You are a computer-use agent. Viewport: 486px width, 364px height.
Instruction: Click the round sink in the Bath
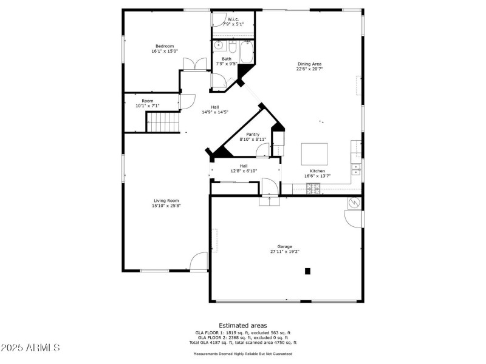219,45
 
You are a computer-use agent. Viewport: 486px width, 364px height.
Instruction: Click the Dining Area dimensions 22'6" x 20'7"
309,69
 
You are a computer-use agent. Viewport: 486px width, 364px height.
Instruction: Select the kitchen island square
315,154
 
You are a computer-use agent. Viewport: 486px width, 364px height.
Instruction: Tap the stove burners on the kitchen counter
313,189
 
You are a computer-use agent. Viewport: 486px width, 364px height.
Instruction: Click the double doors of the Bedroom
195,64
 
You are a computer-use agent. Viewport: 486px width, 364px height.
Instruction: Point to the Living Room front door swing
199,262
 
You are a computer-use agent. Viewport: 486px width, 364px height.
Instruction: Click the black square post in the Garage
307,271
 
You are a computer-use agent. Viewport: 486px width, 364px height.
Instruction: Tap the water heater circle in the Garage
354,203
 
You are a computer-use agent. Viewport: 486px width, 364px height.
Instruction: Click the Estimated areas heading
242,326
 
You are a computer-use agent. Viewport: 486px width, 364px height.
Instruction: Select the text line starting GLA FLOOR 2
242,338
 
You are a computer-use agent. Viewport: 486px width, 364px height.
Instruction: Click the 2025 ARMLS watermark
30,348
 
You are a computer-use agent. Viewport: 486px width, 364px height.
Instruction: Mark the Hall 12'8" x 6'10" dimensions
244,171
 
